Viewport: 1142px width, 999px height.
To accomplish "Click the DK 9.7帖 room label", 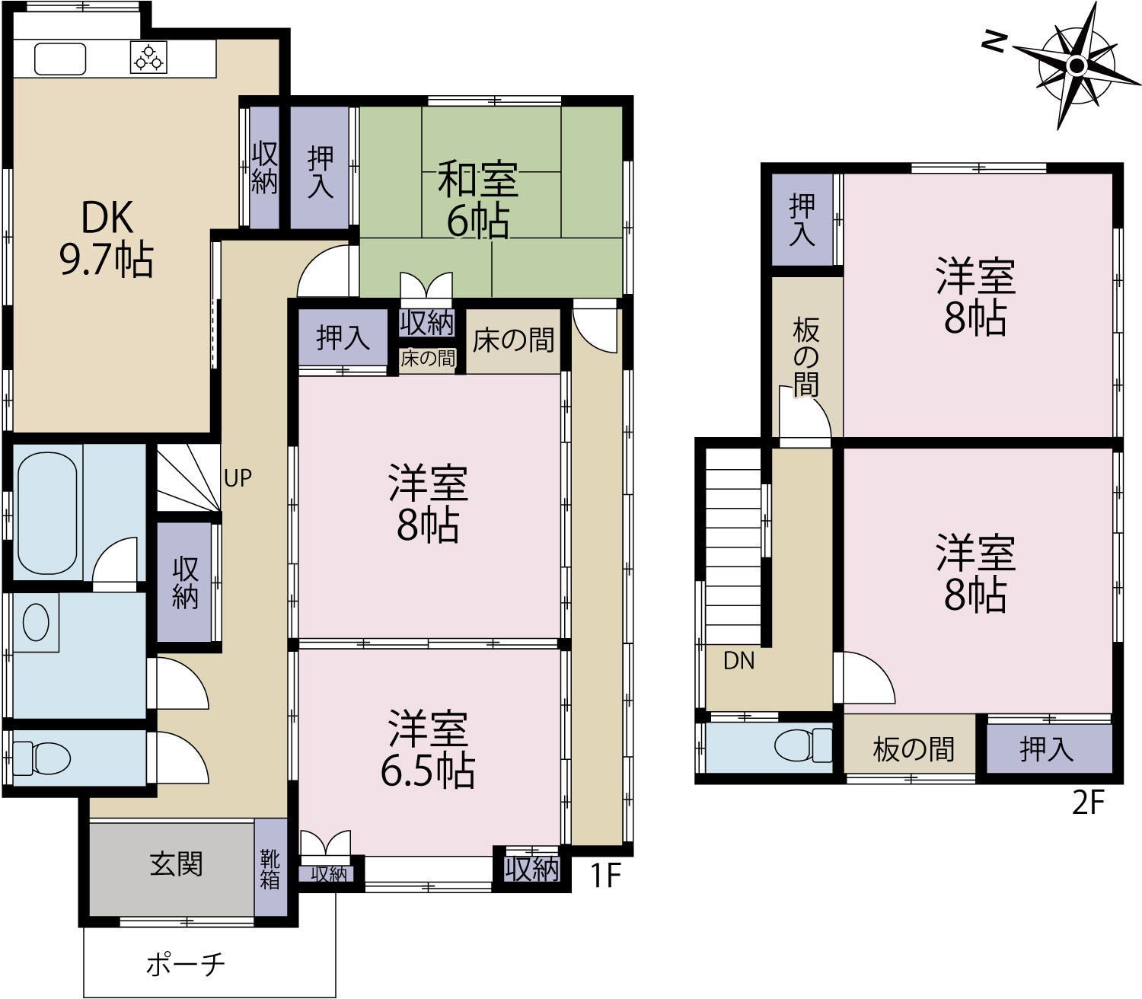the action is (x=107, y=238).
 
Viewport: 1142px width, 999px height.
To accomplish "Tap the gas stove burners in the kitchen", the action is (x=148, y=57).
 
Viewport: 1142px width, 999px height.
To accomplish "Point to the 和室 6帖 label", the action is (x=478, y=199).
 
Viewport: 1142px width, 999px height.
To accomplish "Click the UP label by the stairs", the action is (x=238, y=478).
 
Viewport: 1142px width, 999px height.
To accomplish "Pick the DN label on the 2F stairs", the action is (x=739, y=661).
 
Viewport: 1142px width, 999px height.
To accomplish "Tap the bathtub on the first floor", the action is (x=47, y=513).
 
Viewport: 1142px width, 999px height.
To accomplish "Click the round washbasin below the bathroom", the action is (x=36, y=623).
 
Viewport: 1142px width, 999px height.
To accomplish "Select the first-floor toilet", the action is (x=41, y=758).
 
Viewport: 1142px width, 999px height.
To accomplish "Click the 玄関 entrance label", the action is (x=176, y=864).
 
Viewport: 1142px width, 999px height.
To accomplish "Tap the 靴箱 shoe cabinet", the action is (x=270, y=869).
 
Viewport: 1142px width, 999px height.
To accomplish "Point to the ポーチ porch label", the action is (x=185, y=964).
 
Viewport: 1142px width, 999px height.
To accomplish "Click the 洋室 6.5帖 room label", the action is (x=428, y=748).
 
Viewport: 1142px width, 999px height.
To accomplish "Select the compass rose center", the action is (x=1077, y=66).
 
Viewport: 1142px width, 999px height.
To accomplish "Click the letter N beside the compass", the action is (x=994, y=41).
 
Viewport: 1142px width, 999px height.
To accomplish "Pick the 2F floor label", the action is (x=1089, y=803).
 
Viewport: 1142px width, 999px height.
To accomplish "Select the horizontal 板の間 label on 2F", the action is (x=914, y=749).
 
